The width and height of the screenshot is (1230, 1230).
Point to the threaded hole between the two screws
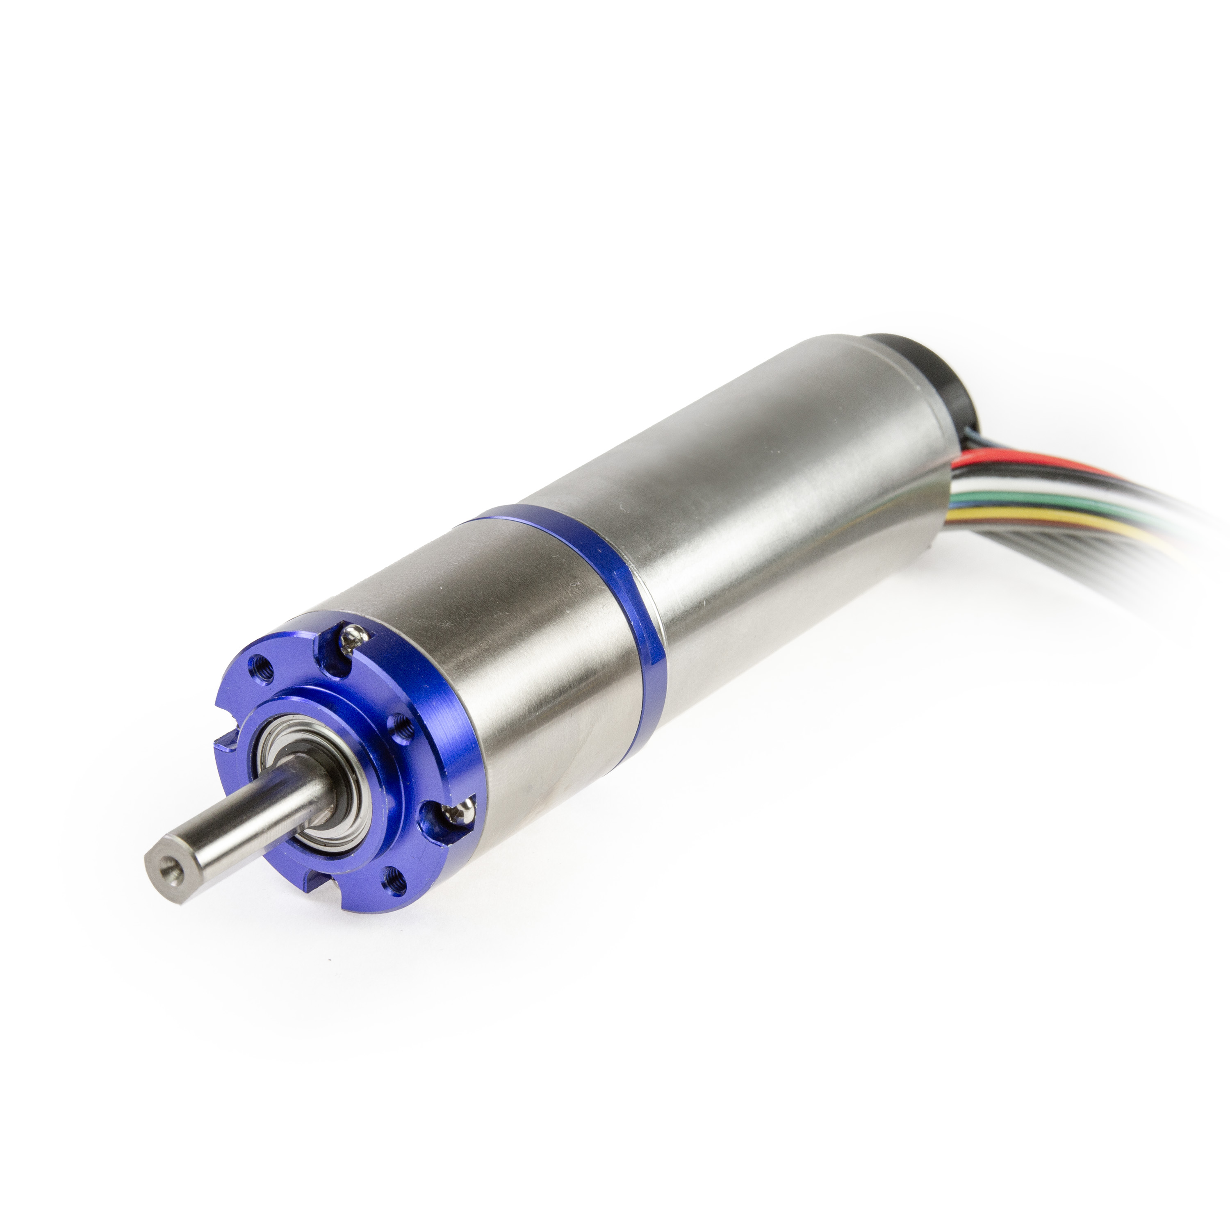tap(399, 725)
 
